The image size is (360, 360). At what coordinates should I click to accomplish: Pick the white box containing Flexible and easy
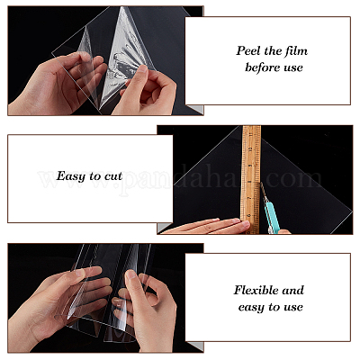267,297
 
